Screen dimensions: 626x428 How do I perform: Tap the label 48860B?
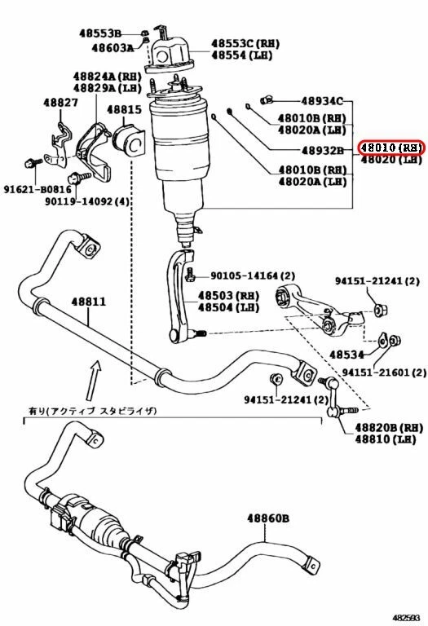(269, 518)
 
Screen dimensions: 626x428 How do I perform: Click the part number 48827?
(60, 104)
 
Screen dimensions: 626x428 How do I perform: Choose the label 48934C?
(321, 101)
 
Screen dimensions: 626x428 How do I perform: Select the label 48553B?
(99, 33)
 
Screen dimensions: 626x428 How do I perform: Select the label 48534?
(348, 355)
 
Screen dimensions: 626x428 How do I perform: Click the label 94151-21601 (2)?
(383, 372)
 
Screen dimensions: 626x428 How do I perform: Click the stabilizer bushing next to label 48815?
(131, 139)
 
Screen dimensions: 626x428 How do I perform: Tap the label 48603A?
(113, 48)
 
